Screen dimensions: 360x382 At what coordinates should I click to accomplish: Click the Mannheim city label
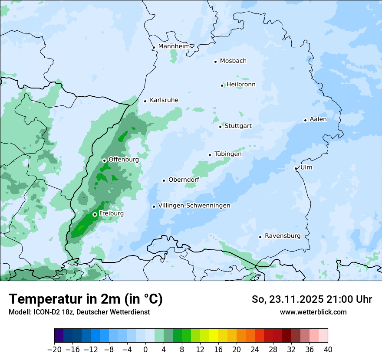tap(174, 46)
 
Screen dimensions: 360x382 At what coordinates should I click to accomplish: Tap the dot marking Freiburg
tap(94, 214)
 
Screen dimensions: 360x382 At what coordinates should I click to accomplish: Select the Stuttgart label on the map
tap(238, 126)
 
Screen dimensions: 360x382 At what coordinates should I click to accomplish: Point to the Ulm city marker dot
tap(296, 168)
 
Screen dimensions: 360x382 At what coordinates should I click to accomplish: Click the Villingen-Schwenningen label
tap(194, 206)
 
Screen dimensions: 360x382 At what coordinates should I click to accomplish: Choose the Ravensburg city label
tap(283, 236)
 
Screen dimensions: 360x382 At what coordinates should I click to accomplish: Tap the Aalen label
tap(318, 119)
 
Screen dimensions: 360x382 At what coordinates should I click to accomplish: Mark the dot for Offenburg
tap(104, 160)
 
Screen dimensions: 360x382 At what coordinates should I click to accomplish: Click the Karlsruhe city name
tap(164, 100)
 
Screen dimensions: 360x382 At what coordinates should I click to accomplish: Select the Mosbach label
tap(233, 61)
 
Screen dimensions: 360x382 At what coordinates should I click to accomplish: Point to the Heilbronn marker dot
tap(222, 85)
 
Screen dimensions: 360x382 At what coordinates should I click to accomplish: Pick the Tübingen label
tap(228, 154)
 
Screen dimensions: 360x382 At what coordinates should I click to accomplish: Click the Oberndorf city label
tap(184, 180)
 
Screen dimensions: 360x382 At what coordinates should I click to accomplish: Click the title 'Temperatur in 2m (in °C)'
tap(86, 299)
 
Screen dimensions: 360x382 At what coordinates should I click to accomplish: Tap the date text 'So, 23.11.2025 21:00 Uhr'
tap(312, 299)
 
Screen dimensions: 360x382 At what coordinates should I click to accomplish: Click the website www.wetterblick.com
tap(313, 312)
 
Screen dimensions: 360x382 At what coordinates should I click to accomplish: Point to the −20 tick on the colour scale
tap(54, 350)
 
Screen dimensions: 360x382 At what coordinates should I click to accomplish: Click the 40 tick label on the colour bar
tap(328, 350)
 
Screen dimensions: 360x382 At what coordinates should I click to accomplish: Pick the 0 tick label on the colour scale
tap(145, 350)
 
